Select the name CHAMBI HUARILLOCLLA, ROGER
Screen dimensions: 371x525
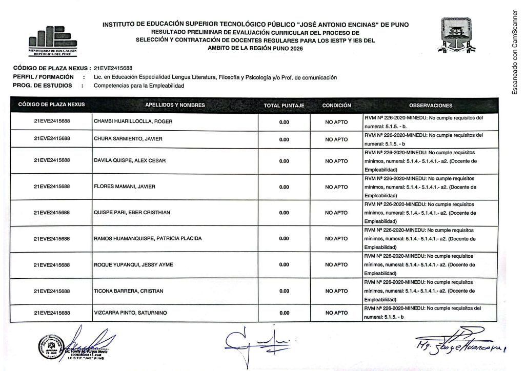point(132,122)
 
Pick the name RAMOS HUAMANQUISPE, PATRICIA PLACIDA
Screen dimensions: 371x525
point(148,239)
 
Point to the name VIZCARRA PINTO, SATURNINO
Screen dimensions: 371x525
point(130,313)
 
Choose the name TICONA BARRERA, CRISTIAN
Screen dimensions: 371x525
point(128,291)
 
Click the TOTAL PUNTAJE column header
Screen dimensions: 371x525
point(284,106)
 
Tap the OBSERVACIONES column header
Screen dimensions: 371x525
point(431,106)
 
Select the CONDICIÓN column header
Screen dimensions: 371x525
point(336,106)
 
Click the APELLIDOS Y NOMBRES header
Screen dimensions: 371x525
point(175,106)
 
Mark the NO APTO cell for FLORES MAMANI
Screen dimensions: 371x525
point(336,187)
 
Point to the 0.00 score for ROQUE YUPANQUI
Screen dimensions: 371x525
point(284,265)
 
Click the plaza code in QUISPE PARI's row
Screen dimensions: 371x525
point(52,213)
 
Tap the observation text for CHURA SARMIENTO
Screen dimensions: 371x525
point(423,139)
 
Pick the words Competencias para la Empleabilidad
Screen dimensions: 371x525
point(138,86)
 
